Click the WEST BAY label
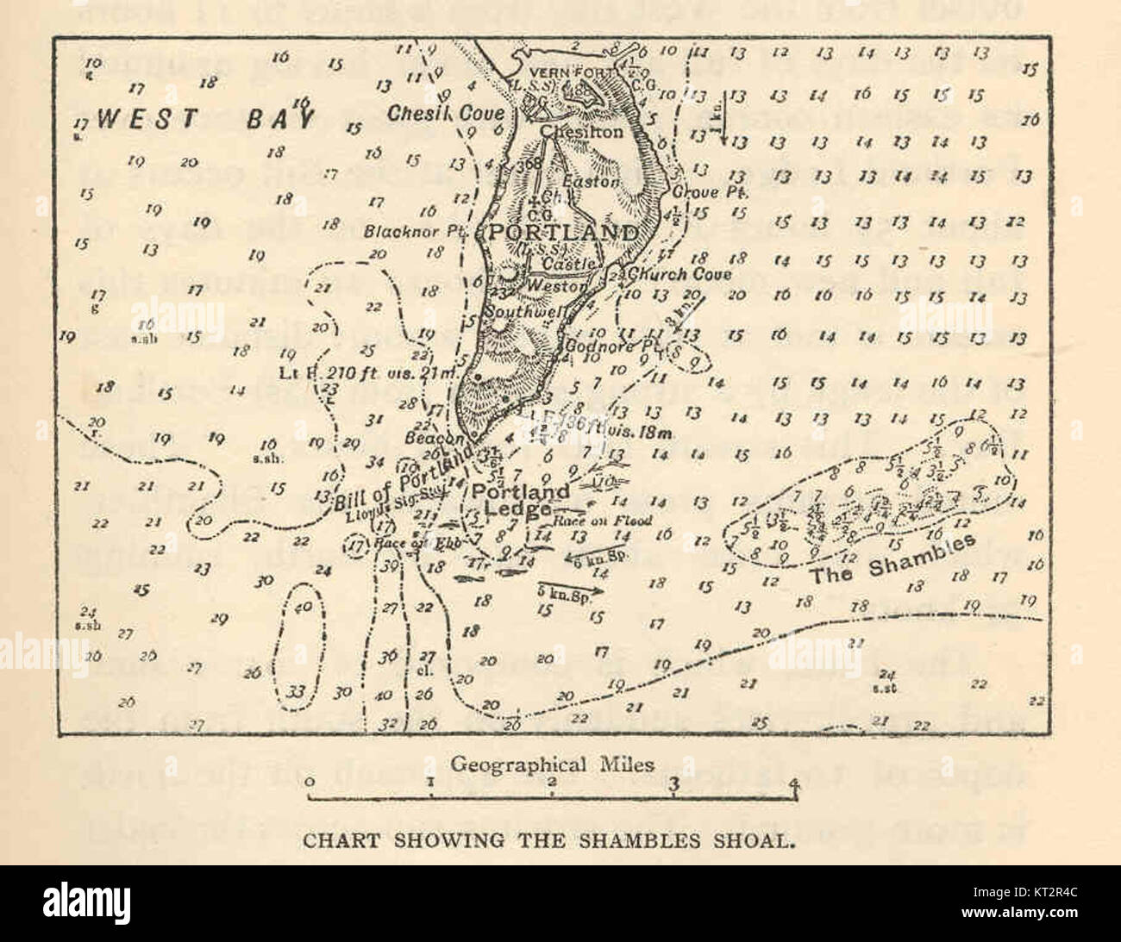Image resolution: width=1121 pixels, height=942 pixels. [206, 118]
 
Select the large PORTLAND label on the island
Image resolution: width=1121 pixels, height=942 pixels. [565, 233]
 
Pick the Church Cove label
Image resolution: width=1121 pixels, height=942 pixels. [680, 274]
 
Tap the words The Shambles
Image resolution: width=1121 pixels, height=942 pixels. [892, 558]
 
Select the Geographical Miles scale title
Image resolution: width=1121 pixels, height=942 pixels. [553, 764]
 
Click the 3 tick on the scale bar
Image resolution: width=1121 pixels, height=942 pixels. [674, 783]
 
